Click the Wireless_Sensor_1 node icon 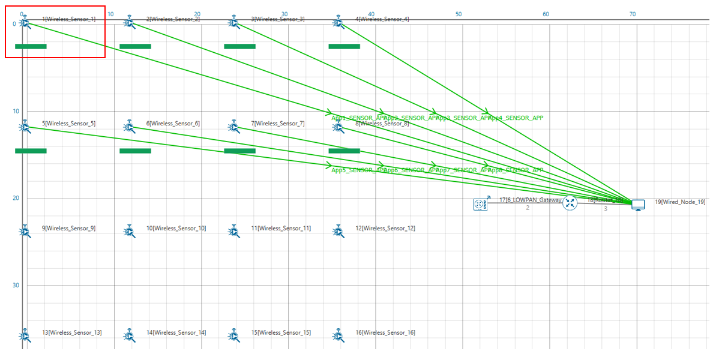click(25, 23)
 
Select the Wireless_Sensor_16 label click(388, 332)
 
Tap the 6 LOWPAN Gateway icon click(480, 205)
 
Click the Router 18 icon click(570, 204)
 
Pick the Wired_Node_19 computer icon click(638, 205)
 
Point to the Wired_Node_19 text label click(680, 202)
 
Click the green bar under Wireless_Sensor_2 click(135, 46)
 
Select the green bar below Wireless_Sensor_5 click(31, 151)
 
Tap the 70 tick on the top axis click(633, 13)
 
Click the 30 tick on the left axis click(16, 285)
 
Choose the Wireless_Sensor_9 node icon click(25, 231)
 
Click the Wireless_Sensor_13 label click(71, 332)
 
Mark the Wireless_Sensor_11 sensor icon click(234, 231)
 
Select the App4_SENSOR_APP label click(516, 118)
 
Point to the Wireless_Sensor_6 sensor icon click(129, 127)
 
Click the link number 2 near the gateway click(528, 208)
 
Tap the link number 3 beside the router click(606, 209)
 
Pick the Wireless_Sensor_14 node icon click(129, 335)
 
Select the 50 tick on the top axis click(459, 13)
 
